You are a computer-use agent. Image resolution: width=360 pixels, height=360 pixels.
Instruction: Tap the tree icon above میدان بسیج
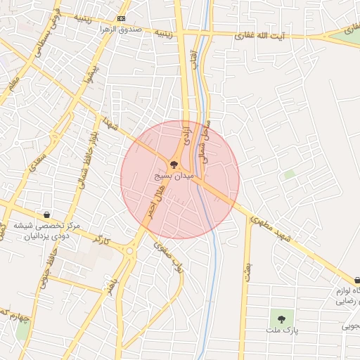[x=174, y=165]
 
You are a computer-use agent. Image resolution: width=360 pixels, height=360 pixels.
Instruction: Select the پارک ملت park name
[x=283, y=330]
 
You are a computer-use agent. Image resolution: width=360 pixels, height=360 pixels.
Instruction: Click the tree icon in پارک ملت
[x=281, y=319]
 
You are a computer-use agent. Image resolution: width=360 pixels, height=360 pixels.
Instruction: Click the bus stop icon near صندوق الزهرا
[x=122, y=18]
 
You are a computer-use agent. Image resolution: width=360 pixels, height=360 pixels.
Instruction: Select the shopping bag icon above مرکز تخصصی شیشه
[x=47, y=215]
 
